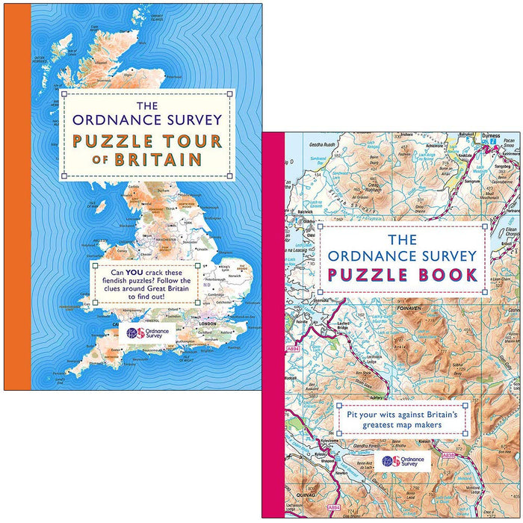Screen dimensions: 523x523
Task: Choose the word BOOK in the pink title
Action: pos(448,274)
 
